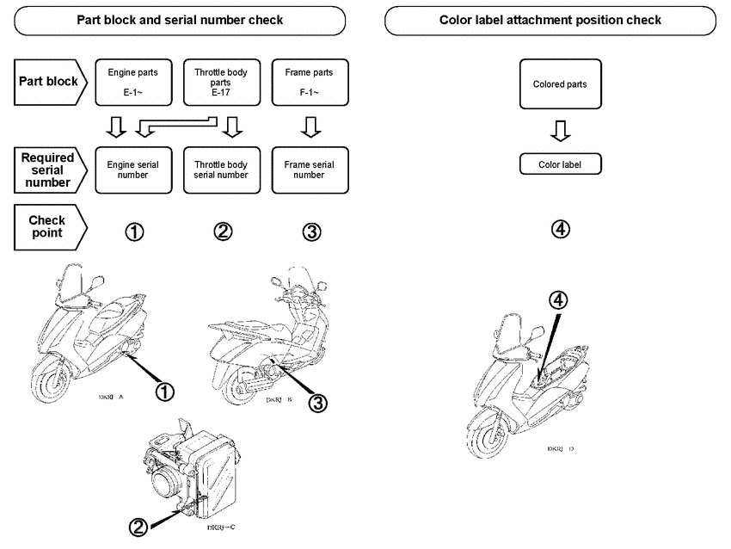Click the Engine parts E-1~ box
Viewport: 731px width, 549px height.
tap(132, 82)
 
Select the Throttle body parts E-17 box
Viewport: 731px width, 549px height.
tap(221, 82)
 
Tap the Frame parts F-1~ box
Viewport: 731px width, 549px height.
tap(308, 82)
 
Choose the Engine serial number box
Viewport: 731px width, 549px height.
tap(132, 169)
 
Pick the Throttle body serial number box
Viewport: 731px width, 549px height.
tap(221, 169)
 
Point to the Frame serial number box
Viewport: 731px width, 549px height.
tap(308, 169)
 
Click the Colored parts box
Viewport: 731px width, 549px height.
tap(560, 84)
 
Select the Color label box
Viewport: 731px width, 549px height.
tap(560, 164)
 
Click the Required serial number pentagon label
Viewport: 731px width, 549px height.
tap(50, 169)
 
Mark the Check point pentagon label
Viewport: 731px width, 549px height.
tap(50, 226)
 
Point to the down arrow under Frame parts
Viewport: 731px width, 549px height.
tap(308, 127)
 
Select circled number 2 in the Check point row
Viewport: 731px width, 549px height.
tap(222, 231)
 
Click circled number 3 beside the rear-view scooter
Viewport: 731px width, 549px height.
tap(318, 402)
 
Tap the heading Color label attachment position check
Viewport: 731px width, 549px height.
tap(550, 20)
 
